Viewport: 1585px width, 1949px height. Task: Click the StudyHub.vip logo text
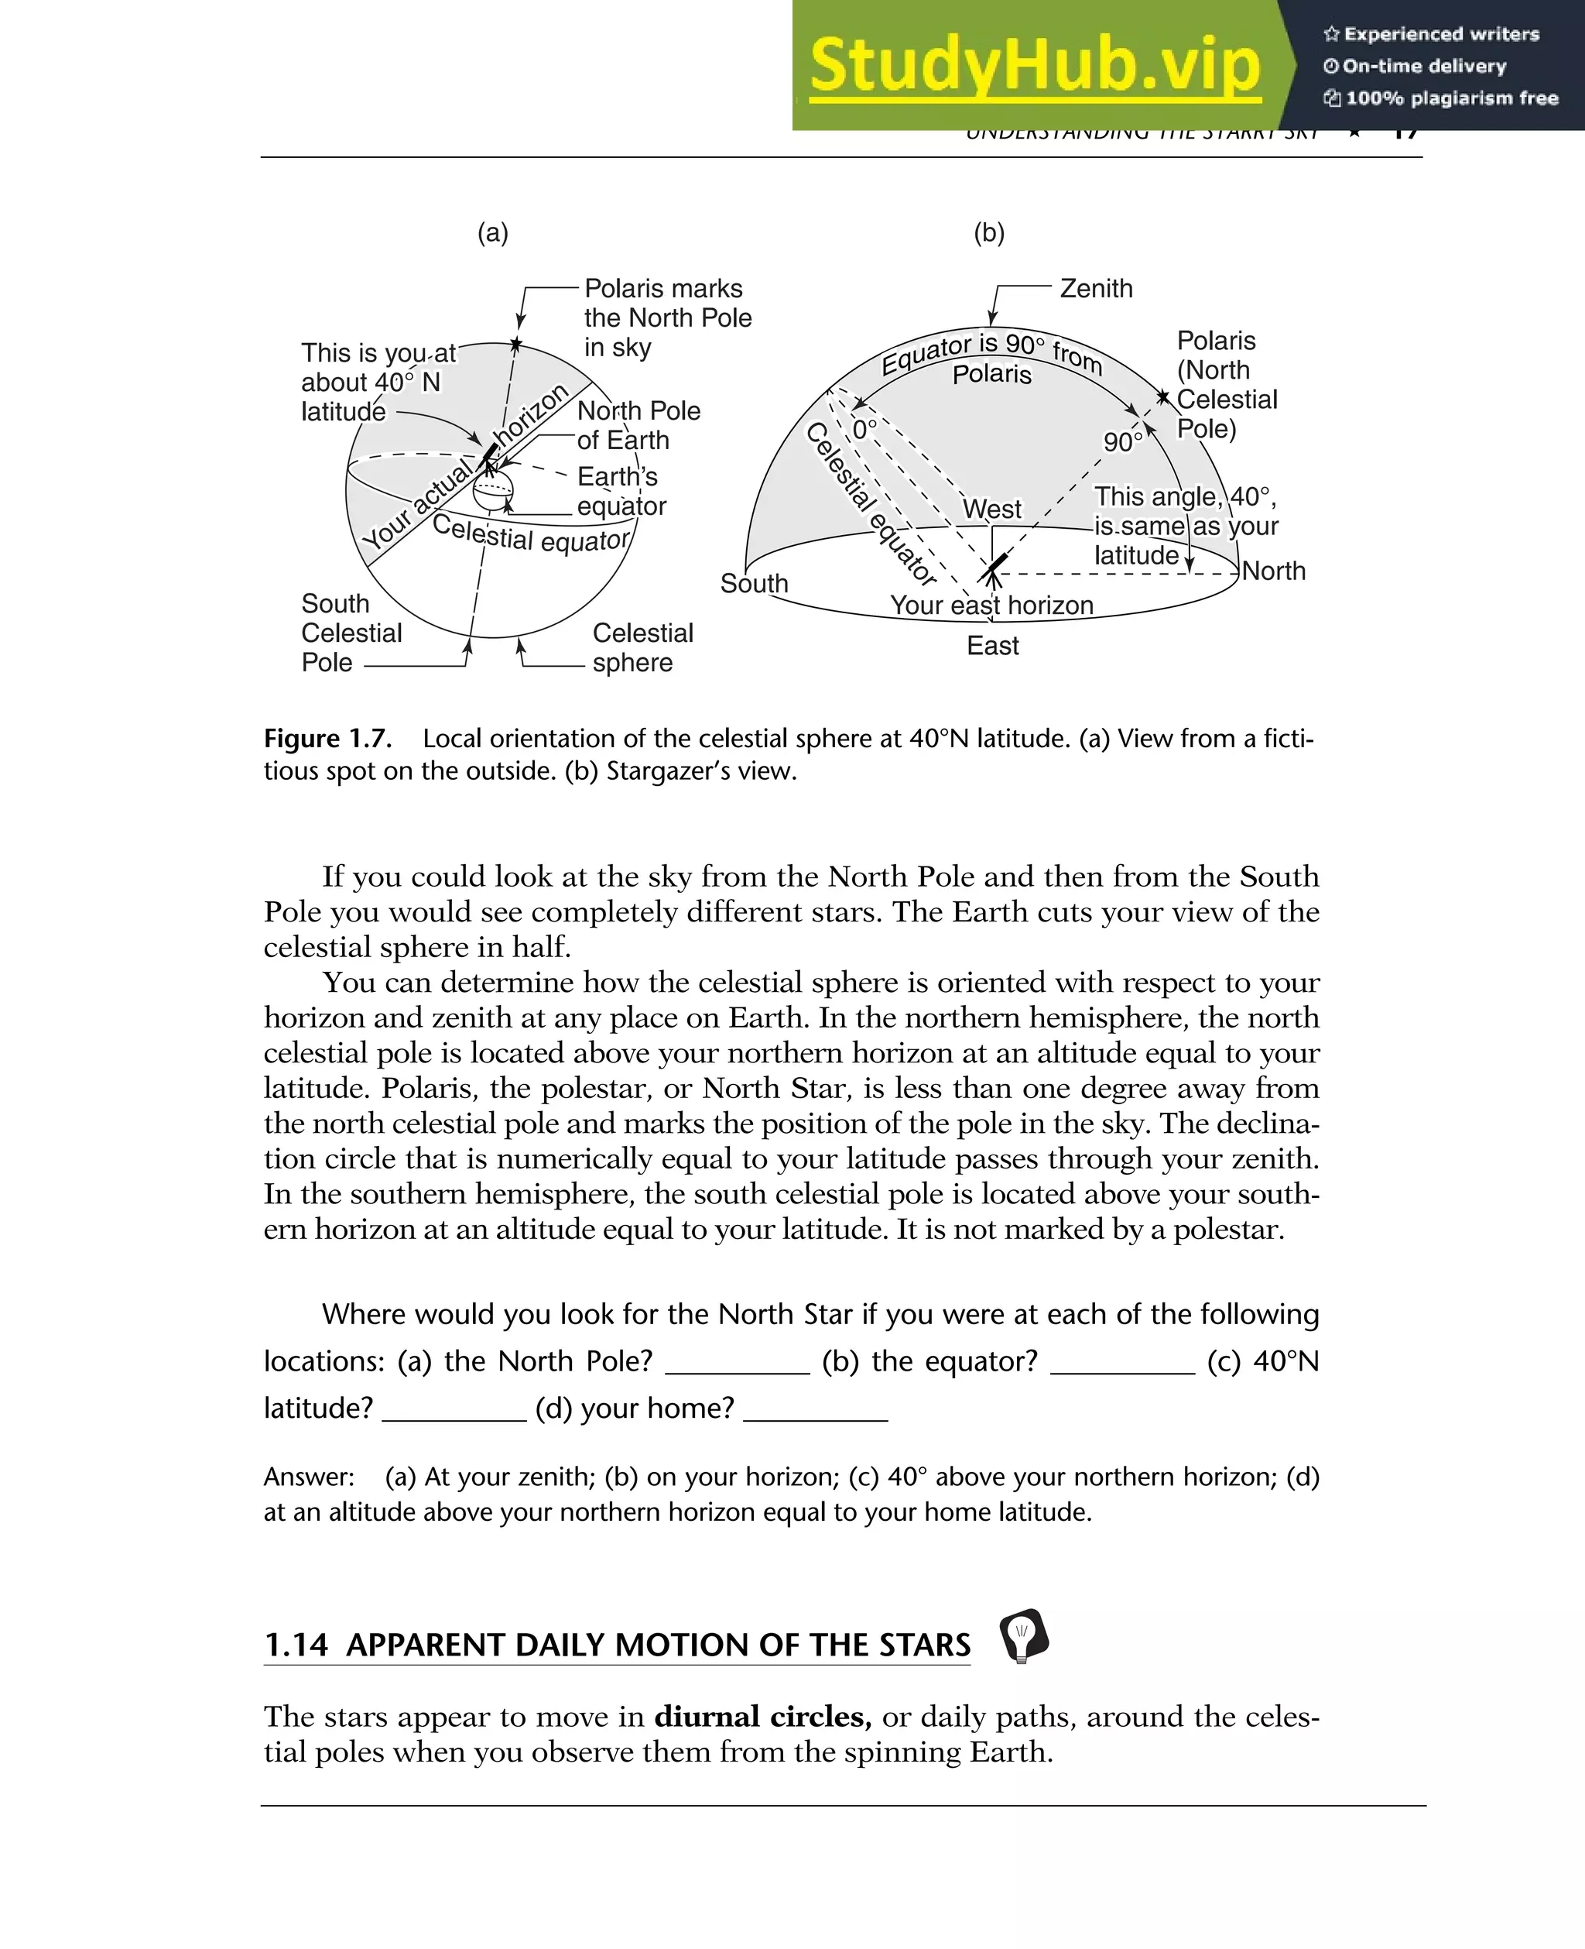point(1035,66)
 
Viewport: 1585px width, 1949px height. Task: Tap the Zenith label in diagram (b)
point(1096,289)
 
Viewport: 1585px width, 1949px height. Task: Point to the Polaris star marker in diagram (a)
point(516,345)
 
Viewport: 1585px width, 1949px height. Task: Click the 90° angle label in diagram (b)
point(1122,442)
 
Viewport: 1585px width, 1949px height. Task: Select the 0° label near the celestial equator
point(864,429)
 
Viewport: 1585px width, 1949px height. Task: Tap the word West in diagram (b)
point(992,510)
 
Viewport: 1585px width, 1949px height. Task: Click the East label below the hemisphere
point(992,646)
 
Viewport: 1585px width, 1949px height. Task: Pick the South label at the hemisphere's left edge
point(753,584)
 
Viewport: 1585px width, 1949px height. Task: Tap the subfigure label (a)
point(492,233)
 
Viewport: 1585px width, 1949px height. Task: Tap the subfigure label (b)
point(989,233)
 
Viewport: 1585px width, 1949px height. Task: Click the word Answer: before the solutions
point(309,1477)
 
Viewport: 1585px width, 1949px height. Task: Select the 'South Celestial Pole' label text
point(351,633)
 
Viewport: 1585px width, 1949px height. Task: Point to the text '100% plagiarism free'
point(1451,98)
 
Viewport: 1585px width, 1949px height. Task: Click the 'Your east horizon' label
point(991,606)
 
